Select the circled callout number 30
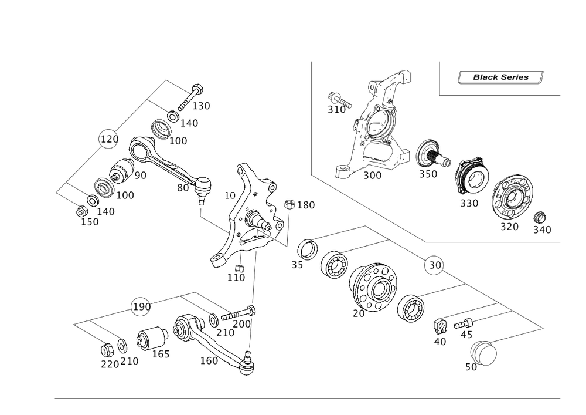pyautogui.click(x=434, y=266)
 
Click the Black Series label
pyautogui.click(x=500, y=77)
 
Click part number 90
pyautogui.click(x=141, y=176)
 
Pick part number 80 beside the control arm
pyautogui.click(x=183, y=188)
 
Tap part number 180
pyautogui.click(x=306, y=205)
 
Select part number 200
pyautogui.click(x=242, y=323)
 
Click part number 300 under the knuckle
pyautogui.click(x=373, y=176)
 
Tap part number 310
pyautogui.click(x=336, y=109)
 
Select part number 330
pyautogui.click(x=469, y=203)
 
